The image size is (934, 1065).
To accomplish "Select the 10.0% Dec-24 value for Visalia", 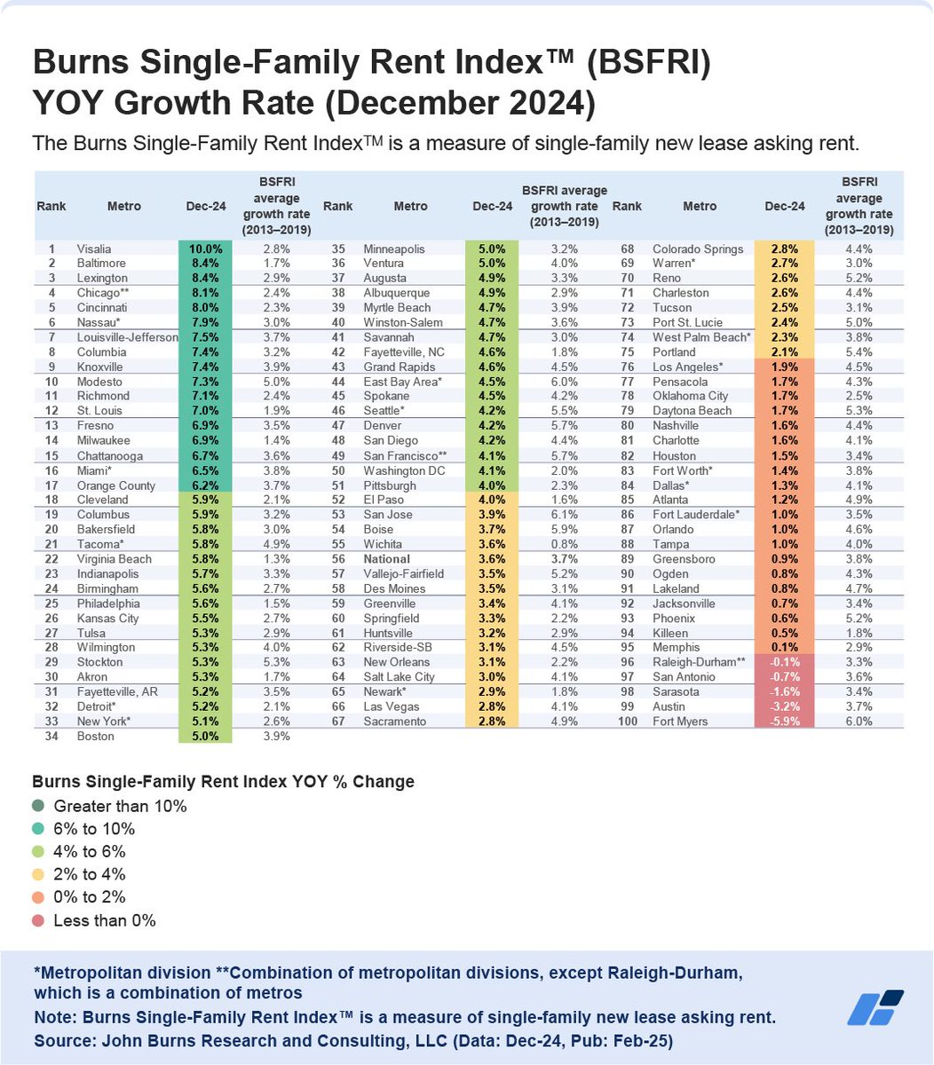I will point(205,249).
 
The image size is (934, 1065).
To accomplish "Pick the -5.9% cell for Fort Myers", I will point(785,722).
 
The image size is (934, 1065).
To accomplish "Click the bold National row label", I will point(387,559).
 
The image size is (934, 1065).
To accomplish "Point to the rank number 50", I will point(337,470).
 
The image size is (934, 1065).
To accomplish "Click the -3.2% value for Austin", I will point(785,706).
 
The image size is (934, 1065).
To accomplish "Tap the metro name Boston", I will point(95,736).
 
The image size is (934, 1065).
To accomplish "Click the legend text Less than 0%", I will point(105,920).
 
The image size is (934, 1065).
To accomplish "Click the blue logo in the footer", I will point(875,1008).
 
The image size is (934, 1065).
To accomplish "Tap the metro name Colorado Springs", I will point(698,249).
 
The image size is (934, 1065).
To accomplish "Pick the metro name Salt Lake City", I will point(400,677).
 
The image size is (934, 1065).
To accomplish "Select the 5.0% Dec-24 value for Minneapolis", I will point(491,249).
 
